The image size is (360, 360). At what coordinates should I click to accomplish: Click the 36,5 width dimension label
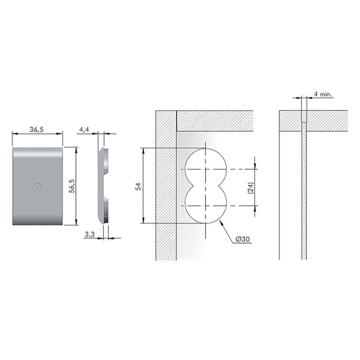coord(36,130)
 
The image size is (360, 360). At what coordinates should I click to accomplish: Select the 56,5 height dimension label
coord(72,186)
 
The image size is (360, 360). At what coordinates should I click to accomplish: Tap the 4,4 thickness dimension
coord(84,130)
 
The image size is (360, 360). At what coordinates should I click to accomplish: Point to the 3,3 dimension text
coord(90,234)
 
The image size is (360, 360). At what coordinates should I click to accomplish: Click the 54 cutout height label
coord(138,186)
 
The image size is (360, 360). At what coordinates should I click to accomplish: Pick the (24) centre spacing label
coord(251,188)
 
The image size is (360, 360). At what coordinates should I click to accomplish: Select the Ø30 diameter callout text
coord(243,239)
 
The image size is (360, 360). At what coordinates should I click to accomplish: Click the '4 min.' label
coord(323,94)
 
